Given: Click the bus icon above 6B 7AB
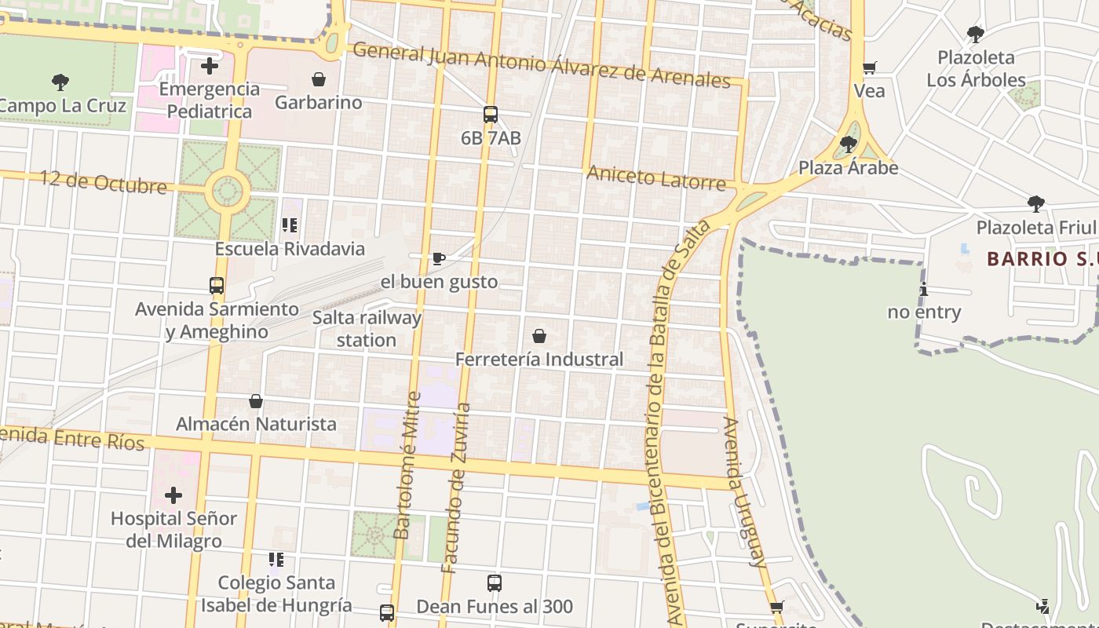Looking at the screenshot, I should pyautogui.click(x=491, y=115).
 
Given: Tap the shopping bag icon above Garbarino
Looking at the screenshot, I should pyautogui.click(x=319, y=79).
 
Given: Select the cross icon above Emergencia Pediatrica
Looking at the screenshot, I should pyautogui.click(x=210, y=66).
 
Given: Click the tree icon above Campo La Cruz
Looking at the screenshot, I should pyautogui.click(x=60, y=82).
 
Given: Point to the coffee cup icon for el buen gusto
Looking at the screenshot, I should pyautogui.click(x=439, y=258).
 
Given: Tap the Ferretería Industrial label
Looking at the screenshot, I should pyautogui.click(x=539, y=360).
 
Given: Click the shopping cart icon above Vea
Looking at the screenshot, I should pyautogui.click(x=869, y=68).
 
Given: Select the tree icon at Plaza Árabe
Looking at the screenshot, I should pyautogui.click(x=848, y=144).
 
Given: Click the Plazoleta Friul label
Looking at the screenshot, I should pyautogui.click(x=1035, y=228).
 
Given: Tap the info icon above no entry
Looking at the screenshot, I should pyautogui.click(x=924, y=289).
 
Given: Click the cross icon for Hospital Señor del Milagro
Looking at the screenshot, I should pyautogui.click(x=173, y=495).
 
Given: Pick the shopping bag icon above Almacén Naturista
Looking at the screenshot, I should pyautogui.click(x=256, y=401).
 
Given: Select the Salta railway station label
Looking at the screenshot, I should pyautogui.click(x=367, y=329).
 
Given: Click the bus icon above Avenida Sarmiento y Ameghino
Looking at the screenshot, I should pyautogui.click(x=217, y=286).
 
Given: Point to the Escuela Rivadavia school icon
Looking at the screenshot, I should pyautogui.click(x=290, y=226).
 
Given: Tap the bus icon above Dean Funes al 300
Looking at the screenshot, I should pyautogui.click(x=495, y=583).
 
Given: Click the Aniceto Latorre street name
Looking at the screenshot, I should pyautogui.click(x=656, y=178).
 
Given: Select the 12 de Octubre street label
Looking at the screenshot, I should pyautogui.click(x=104, y=182).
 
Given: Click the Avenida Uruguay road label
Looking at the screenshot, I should pyautogui.click(x=743, y=492).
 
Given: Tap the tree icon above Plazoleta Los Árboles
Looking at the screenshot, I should pyautogui.click(x=976, y=35).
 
